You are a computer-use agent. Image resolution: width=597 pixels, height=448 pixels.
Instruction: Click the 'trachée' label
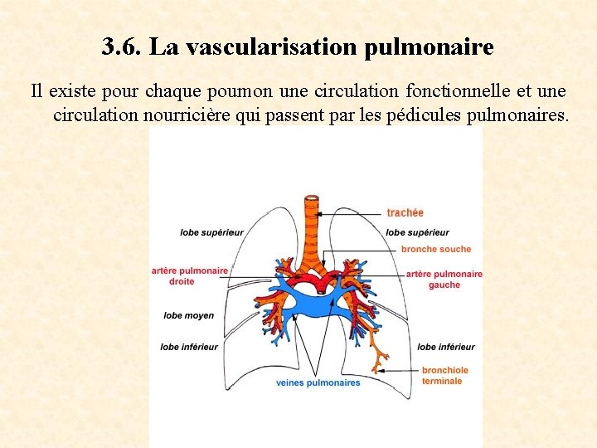[405, 213]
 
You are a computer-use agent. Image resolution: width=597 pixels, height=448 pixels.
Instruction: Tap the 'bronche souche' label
[435, 249]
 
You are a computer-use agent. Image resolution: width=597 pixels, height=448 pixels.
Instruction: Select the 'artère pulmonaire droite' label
[190, 275]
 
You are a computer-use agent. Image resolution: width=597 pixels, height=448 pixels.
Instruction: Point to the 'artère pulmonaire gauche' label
[444, 280]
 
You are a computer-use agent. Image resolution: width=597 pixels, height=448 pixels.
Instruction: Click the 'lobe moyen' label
[188, 315]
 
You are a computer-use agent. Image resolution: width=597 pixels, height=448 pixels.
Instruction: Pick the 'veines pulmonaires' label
[318, 382]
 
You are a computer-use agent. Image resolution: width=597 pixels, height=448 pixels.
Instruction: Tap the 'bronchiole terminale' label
[444, 376]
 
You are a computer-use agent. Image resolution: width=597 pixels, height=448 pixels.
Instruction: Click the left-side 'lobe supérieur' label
[212, 232]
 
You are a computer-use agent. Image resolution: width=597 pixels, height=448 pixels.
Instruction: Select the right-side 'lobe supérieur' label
[418, 232]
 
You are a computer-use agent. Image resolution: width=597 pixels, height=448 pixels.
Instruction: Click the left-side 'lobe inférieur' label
[189, 347]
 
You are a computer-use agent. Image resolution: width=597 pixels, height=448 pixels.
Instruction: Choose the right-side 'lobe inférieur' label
[446, 347]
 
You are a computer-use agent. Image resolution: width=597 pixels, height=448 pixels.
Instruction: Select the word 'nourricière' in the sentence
[186, 114]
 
